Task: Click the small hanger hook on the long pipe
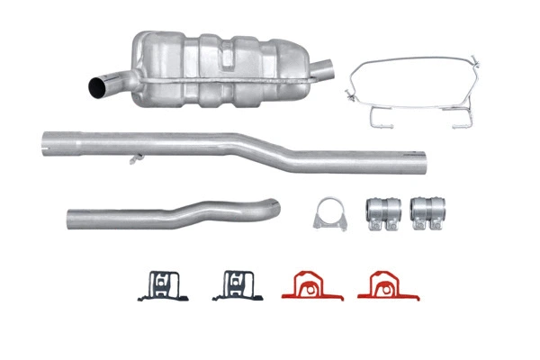pos(135,159)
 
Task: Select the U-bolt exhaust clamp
pos(329,214)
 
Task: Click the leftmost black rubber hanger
pos(158,286)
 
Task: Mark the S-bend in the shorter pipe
pos(189,212)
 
